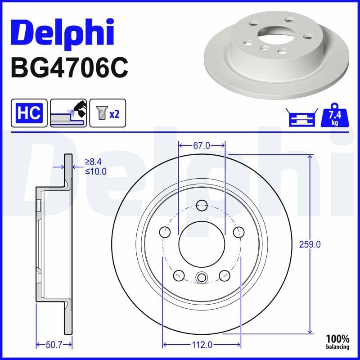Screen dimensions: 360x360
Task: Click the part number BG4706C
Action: click(69, 67)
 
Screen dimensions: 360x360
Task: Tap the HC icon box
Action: click(29, 113)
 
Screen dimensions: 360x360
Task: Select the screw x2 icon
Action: click(108, 113)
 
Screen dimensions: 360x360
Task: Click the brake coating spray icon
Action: click(68, 113)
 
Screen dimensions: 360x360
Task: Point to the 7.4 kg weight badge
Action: click(335, 117)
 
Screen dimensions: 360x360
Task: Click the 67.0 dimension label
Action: click(202, 145)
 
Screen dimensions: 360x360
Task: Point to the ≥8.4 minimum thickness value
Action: click(96, 162)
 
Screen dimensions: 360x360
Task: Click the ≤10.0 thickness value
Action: click(96, 171)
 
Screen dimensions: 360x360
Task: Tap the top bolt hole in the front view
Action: click(202, 205)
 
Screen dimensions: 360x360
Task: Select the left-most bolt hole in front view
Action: click(166, 232)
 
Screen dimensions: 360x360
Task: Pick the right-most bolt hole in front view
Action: click(238, 232)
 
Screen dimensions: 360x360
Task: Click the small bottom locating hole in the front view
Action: click(202, 277)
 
